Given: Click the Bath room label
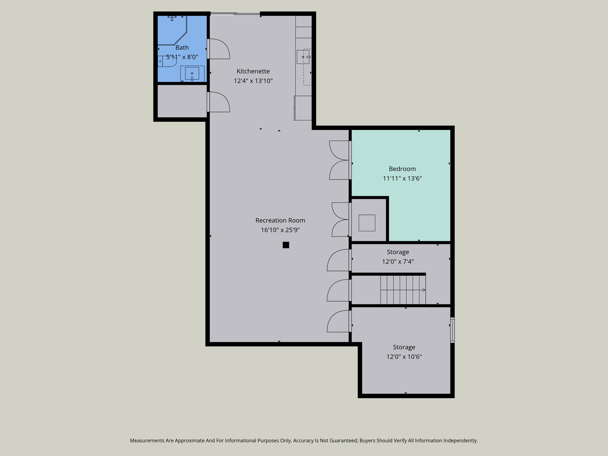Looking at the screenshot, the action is tap(182, 48).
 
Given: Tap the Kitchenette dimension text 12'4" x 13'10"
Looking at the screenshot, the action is tap(253, 81).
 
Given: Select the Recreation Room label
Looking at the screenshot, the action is tap(280, 220).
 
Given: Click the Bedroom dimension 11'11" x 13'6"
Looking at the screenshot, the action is tap(402, 178).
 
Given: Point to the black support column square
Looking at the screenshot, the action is tap(286, 245).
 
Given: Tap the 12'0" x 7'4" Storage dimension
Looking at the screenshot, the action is tap(398, 261).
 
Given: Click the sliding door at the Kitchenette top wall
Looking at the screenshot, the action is tap(235, 14).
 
